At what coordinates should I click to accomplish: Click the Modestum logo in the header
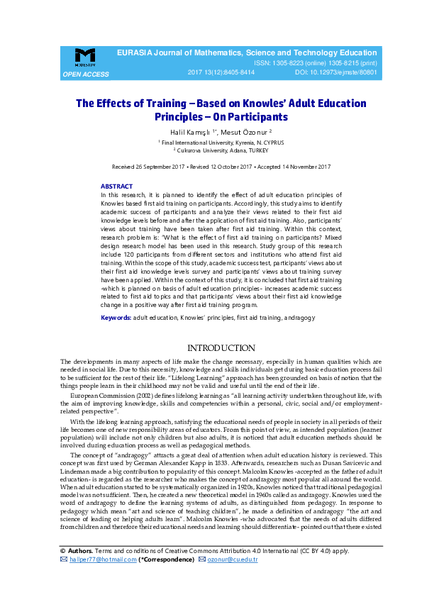click(x=84, y=57)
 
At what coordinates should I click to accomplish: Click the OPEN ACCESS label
click(x=86, y=74)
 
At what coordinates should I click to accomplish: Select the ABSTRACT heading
click(x=116, y=186)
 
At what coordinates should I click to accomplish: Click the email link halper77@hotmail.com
click(x=102, y=560)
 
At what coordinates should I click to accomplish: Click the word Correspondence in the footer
click(x=170, y=560)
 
